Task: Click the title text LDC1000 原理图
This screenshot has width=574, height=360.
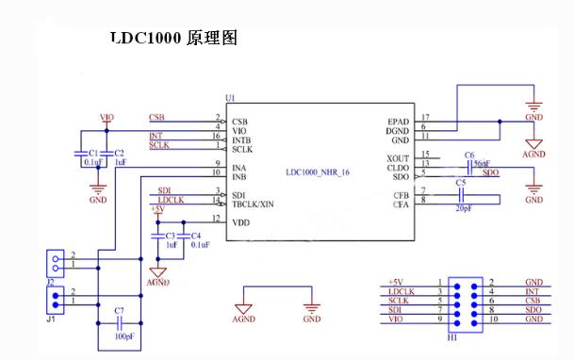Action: click(172, 39)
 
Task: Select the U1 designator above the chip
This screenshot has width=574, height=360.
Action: click(230, 98)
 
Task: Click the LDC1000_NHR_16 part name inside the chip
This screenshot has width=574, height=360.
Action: click(319, 172)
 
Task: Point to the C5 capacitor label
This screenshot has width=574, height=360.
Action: click(461, 182)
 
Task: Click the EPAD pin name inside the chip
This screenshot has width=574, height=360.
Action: click(399, 120)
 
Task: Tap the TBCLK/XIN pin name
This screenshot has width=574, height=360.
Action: click(254, 203)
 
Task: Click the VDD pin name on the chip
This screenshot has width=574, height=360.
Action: click(240, 221)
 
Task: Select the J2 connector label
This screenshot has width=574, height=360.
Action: click(51, 280)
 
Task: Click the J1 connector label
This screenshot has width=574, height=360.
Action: click(51, 318)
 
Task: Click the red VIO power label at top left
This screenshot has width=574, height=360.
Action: click(107, 118)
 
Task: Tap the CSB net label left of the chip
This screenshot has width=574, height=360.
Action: click(157, 118)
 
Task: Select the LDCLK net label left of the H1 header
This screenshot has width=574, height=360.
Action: click(396, 292)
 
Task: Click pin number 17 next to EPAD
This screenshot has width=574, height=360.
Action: click(426, 117)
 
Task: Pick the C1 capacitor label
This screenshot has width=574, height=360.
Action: click(92, 153)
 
